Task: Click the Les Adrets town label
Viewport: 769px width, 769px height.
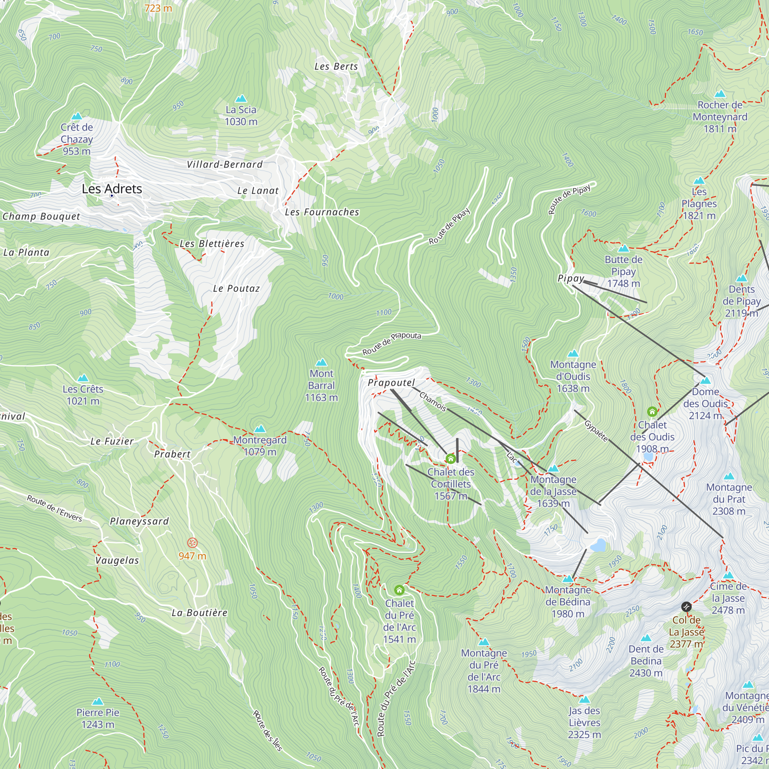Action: pyautogui.click(x=112, y=189)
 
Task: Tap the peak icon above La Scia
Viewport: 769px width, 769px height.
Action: pyautogui.click(x=241, y=99)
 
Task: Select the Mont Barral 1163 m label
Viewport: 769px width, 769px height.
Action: pyautogui.click(x=321, y=385)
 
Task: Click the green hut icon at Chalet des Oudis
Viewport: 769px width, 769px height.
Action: pyautogui.click(x=652, y=411)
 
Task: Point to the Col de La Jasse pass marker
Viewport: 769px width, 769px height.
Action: pyautogui.click(x=686, y=607)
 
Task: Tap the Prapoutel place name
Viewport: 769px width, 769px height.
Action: pyautogui.click(x=391, y=383)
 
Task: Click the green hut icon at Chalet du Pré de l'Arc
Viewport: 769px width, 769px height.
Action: pyautogui.click(x=399, y=589)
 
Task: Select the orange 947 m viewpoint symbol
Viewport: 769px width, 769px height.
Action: pyautogui.click(x=193, y=543)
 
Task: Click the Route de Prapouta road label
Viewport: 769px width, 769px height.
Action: pyautogui.click(x=392, y=343)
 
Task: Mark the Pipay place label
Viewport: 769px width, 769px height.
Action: pyautogui.click(x=571, y=278)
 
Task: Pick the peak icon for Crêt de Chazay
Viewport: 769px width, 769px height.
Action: pyautogui.click(x=77, y=116)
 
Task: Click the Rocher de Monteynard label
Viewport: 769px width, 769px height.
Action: pyautogui.click(x=720, y=117)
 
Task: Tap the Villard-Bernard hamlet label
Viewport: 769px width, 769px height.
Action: pyautogui.click(x=225, y=165)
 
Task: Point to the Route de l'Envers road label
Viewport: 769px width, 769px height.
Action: pyautogui.click(x=55, y=508)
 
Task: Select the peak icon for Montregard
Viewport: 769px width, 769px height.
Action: pyautogui.click(x=260, y=429)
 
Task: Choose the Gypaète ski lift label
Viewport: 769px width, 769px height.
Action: pyautogui.click(x=596, y=431)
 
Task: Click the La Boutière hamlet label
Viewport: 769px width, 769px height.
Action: pyautogui.click(x=200, y=613)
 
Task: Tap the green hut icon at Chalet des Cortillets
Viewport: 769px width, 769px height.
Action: pyautogui.click(x=451, y=459)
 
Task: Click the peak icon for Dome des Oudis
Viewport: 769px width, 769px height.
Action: pyautogui.click(x=705, y=381)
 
